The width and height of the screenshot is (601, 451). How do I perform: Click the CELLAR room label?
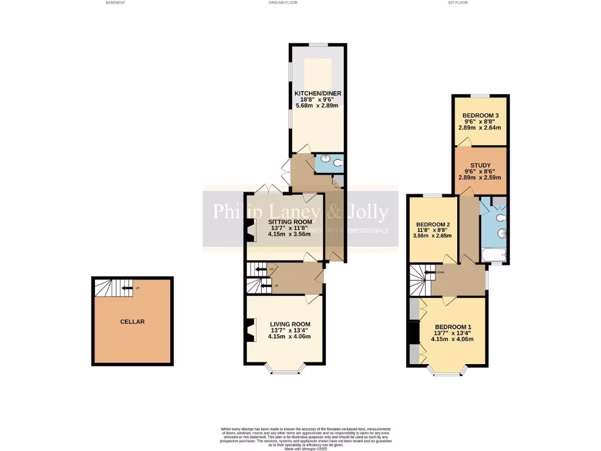click(132, 322)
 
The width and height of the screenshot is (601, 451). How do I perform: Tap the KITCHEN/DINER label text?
click(318, 93)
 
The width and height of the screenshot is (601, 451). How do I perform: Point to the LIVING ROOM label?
click(290, 324)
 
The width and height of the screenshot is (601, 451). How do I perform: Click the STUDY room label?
click(480, 166)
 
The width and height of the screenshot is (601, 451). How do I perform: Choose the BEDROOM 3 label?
click(481, 116)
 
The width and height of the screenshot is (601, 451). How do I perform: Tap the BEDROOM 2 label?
click(433, 224)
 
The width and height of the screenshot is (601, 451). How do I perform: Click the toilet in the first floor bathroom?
click(501, 217)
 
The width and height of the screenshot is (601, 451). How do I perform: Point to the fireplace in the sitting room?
click(251, 230)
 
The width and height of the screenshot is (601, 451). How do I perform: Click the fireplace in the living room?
click(251, 330)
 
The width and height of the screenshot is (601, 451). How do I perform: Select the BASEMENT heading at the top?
click(115, 3)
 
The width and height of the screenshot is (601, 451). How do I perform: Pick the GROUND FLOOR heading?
click(283, 3)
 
